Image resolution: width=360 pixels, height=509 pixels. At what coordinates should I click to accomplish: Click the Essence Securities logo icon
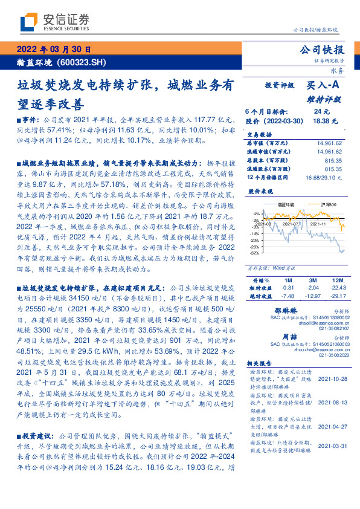point(28,22)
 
